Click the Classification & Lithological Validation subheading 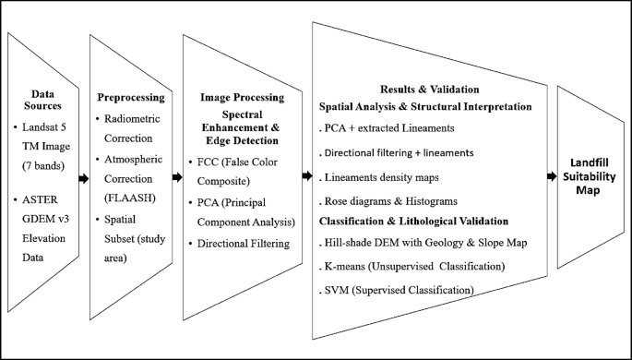pos(413,222)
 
